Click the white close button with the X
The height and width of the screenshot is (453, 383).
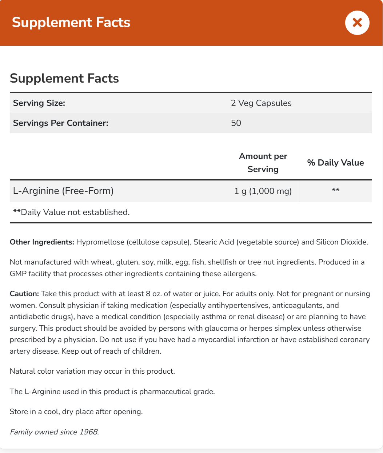(x=357, y=23)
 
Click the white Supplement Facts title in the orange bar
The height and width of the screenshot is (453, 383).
(x=71, y=23)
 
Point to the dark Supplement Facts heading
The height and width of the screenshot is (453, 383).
(x=64, y=78)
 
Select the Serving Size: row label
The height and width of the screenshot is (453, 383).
(x=39, y=103)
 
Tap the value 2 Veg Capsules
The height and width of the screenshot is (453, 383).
(x=261, y=103)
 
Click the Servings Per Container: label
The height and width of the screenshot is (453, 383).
(x=61, y=123)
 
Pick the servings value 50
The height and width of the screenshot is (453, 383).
(x=236, y=123)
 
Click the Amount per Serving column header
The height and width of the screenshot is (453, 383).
(x=263, y=163)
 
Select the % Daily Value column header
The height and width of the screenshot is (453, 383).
(x=335, y=163)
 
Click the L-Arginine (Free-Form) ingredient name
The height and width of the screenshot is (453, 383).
(x=63, y=191)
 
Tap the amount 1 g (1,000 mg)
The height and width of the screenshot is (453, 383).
(x=263, y=191)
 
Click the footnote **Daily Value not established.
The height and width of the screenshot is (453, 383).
(x=71, y=212)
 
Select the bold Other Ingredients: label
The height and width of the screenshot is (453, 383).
(x=42, y=242)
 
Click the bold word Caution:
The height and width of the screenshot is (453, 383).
(x=24, y=294)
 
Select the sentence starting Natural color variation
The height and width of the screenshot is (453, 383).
(x=92, y=371)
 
